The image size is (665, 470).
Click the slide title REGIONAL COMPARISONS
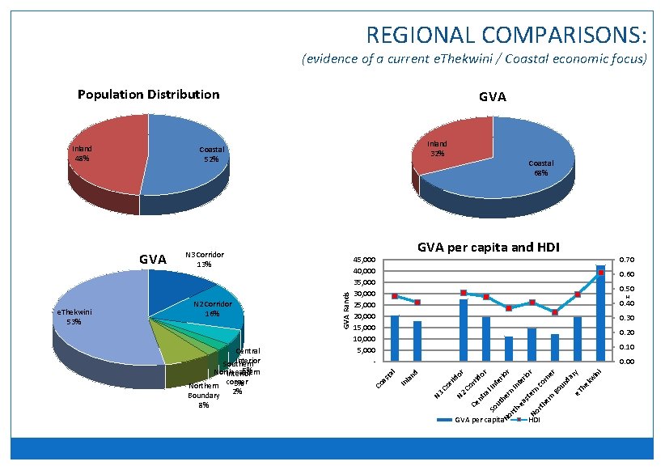506,35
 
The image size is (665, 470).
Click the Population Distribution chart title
148,95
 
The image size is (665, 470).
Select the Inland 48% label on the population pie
82,154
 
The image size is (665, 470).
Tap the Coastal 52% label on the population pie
212,154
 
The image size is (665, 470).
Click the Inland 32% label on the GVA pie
437,149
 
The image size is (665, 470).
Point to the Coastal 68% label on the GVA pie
540,167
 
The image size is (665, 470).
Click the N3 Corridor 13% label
204,259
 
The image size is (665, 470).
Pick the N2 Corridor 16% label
212,308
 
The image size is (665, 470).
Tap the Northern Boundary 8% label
203,396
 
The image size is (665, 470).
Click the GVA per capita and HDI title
489,247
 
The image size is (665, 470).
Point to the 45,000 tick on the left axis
365,260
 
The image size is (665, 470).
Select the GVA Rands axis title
345,310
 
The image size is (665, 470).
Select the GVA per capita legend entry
469,421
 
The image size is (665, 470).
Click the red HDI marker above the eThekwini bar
600,273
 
